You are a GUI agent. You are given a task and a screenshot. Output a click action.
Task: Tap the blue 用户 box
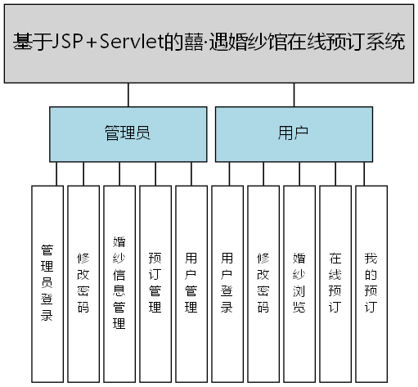tap(292, 133)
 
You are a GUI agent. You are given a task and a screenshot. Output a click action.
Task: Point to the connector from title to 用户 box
tap(293, 94)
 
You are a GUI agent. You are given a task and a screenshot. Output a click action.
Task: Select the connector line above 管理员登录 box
tap(47, 173)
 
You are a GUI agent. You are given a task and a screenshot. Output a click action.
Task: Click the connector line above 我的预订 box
tap(371, 173)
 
